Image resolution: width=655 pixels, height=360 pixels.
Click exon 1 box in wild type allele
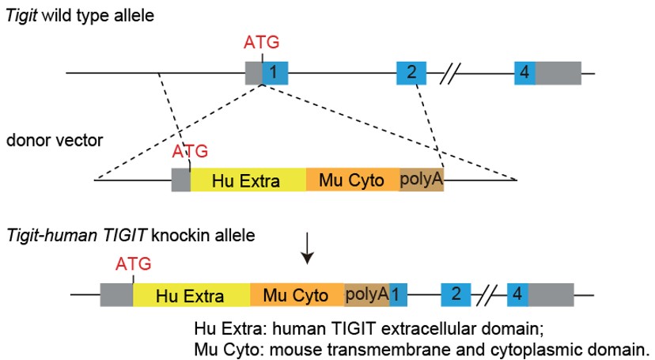pos(275,73)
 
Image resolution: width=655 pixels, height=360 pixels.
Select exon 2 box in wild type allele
pos(411,73)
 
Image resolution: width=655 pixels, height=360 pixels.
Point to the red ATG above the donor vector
pos(189,150)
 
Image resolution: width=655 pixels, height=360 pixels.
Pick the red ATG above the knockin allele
pos(133,263)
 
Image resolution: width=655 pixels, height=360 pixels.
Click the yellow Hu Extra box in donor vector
pos(248,180)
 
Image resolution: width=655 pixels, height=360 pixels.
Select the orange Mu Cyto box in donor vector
pos(353,180)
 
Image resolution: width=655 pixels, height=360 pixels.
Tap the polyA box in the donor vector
pos(422,180)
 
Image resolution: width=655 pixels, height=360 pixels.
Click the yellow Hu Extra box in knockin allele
pos(191,296)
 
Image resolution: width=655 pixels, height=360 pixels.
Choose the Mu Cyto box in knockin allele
pos(297,296)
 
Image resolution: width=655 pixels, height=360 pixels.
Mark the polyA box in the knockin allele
pos(366,296)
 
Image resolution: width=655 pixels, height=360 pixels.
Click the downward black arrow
pos(309,252)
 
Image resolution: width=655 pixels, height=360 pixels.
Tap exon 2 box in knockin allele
pos(456,296)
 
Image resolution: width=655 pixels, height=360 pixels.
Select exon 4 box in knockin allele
pos(518,296)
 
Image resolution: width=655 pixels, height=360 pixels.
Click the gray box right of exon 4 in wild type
pos(558,73)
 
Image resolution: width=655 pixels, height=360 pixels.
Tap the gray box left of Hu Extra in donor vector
pos(181,180)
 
